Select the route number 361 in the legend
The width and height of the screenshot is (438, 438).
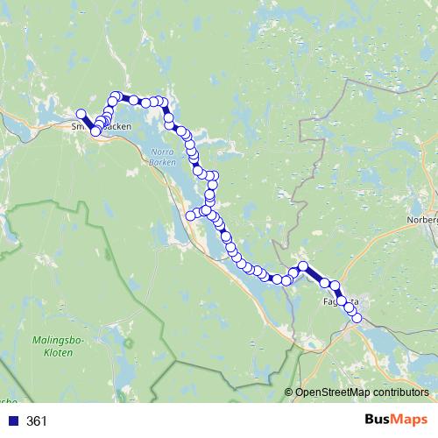37,421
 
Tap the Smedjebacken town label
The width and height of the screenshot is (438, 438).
101,126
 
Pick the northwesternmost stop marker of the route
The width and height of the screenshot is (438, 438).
81,114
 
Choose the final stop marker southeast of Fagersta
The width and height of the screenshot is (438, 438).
357,318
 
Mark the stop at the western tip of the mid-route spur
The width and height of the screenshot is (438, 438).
190,215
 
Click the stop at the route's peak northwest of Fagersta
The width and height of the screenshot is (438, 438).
303,265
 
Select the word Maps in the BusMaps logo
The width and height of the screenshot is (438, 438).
413,420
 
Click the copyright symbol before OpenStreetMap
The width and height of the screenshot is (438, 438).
290,392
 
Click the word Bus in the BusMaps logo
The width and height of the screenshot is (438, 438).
381,420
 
